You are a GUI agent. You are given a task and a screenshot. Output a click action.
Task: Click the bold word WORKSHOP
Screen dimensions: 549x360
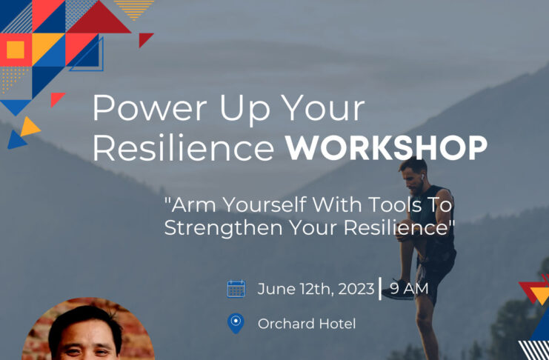tap(386, 148)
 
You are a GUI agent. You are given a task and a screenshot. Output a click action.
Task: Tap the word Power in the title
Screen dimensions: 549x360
tap(150, 108)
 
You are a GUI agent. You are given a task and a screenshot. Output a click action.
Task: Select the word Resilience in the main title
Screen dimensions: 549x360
tap(183, 148)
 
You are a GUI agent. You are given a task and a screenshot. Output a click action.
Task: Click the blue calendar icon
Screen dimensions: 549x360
tap(236, 289)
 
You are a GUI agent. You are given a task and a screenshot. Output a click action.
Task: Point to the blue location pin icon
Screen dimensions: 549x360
tap(236, 323)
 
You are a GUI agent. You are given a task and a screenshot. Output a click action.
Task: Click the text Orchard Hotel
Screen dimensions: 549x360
tap(307, 324)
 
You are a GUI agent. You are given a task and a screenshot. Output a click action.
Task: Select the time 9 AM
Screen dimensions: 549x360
tap(409, 289)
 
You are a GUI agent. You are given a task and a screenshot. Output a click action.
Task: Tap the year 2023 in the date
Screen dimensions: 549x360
tap(356, 289)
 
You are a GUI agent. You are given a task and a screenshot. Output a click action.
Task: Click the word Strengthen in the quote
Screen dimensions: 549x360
tap(224, 228)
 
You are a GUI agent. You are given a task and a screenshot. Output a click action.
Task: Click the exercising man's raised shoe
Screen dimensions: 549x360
tap(397, 290)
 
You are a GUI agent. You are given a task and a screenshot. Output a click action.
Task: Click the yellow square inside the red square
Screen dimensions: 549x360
tap(16, 50)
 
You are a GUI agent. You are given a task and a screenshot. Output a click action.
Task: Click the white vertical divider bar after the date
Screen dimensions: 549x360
tap(380, 289)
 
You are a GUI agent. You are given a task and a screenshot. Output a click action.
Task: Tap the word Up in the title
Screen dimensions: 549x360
tap(245, 110)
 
